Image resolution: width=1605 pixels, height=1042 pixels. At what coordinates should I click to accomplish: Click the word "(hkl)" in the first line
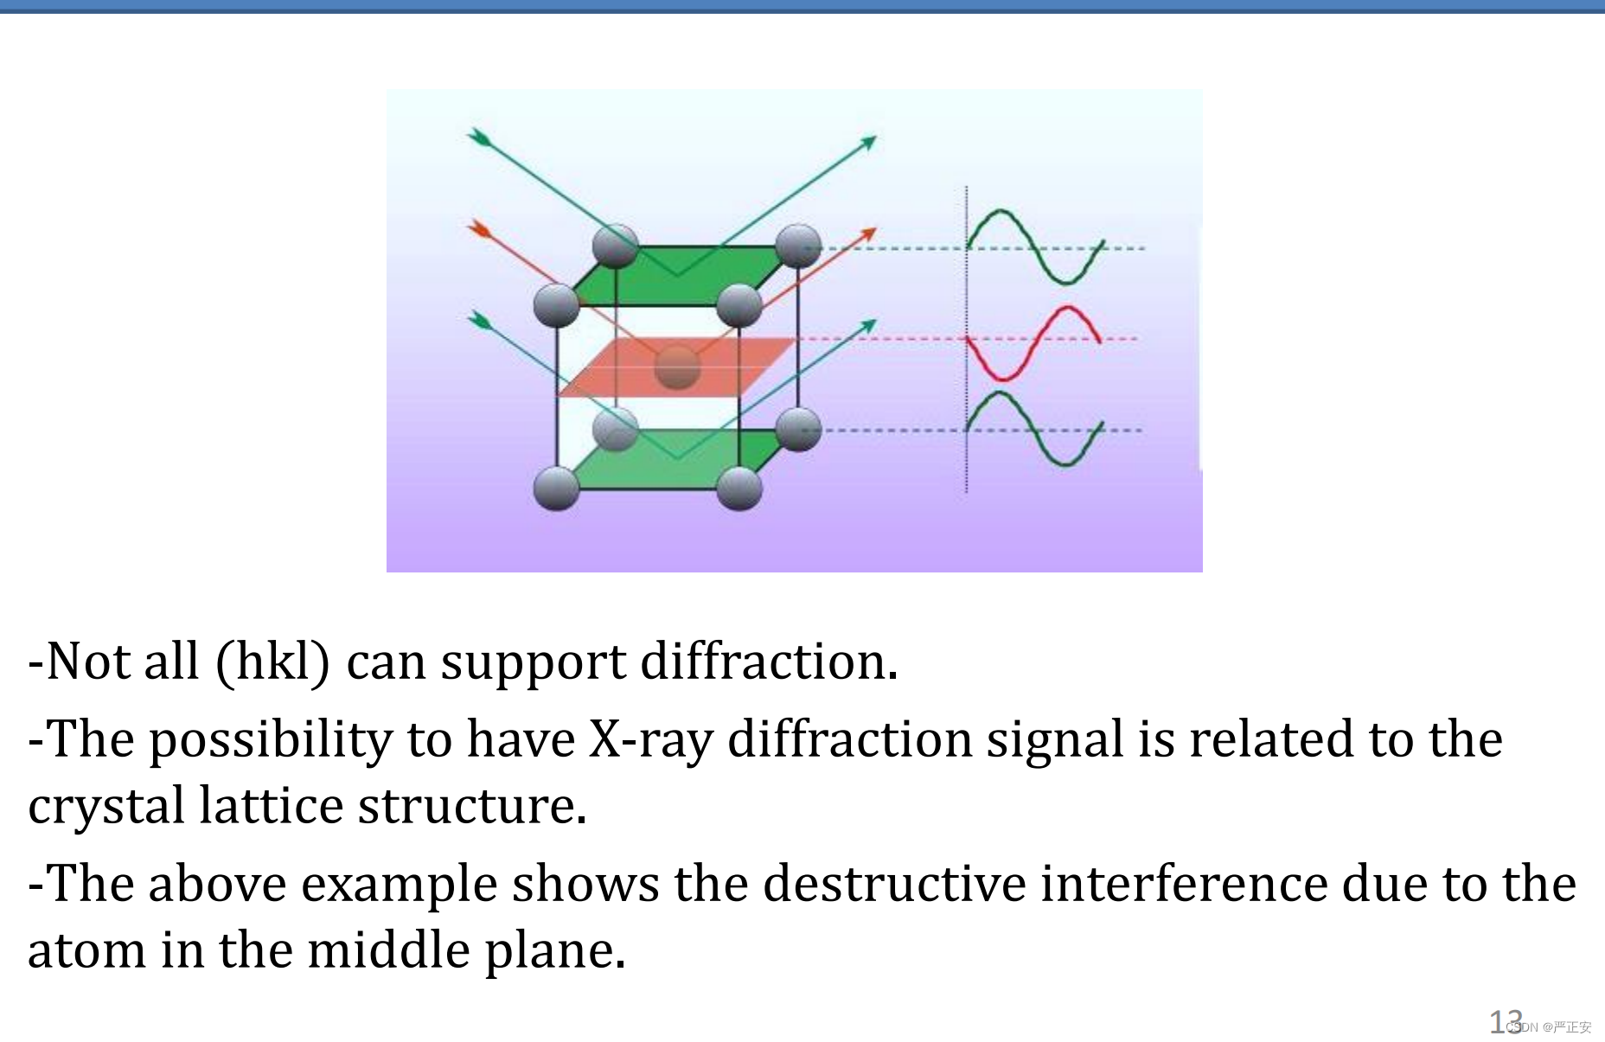pyautogui.click(x=272, y=662)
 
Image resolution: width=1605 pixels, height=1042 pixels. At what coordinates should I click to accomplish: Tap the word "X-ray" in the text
pyautogui.click(x=650, y=740)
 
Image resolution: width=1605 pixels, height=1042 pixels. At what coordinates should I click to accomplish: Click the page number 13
pyautogui.click(x=1505, y=1022)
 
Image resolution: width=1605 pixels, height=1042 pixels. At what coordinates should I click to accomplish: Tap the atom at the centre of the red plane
pyautogui.click(x=677, y=367)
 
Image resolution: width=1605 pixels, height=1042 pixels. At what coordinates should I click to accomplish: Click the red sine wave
pyautogui.click(x=1033, y=342)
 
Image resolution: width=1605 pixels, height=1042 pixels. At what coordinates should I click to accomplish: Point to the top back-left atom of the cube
pyautogui.click(x=616, y=246)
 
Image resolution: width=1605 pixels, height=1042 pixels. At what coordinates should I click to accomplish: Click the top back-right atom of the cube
pyautogui.click(x=798, y=246)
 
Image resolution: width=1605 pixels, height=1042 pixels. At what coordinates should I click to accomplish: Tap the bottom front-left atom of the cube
pyautogui.click(x=556, y=488)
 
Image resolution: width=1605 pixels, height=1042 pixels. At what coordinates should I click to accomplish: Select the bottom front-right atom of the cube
pyautogui.click(x=739, y=488)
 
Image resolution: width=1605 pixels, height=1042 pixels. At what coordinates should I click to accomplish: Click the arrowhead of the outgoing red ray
pyautogui.click(x=868, y=233)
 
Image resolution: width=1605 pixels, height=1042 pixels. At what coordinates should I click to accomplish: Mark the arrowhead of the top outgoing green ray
pyautogui.click(x=868, y=141)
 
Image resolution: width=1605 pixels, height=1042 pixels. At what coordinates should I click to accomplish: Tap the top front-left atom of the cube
pyautogui.click(x=556, y=304)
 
